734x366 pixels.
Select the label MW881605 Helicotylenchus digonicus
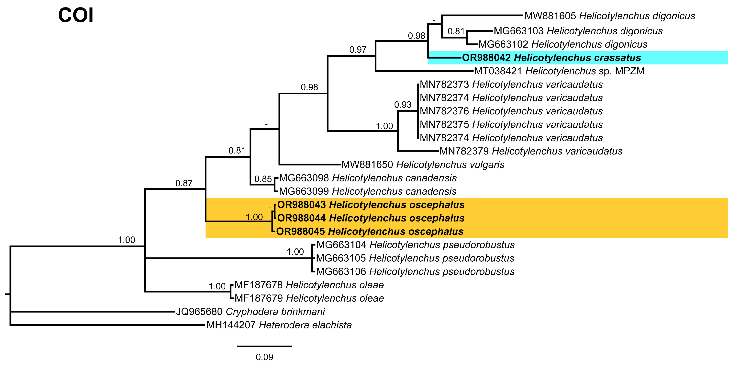point(609,16)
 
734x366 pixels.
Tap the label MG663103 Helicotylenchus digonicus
point(578,31)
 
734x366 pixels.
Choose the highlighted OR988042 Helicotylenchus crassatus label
point(551,58)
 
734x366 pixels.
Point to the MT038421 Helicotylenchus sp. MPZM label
point(559,71)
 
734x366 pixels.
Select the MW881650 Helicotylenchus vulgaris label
point(423,165)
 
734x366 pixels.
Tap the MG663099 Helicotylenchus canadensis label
point(368,191)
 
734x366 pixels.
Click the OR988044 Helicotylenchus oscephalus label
point(371,218)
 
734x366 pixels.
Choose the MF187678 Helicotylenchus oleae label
point(309,285)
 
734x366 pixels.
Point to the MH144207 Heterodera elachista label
point(279,325)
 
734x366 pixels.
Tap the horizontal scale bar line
point(264,346)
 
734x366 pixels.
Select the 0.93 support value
point(403,105)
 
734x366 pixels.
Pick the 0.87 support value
point(184,183)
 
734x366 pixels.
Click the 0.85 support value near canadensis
point(263,179)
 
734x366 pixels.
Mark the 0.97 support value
point(358,50)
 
